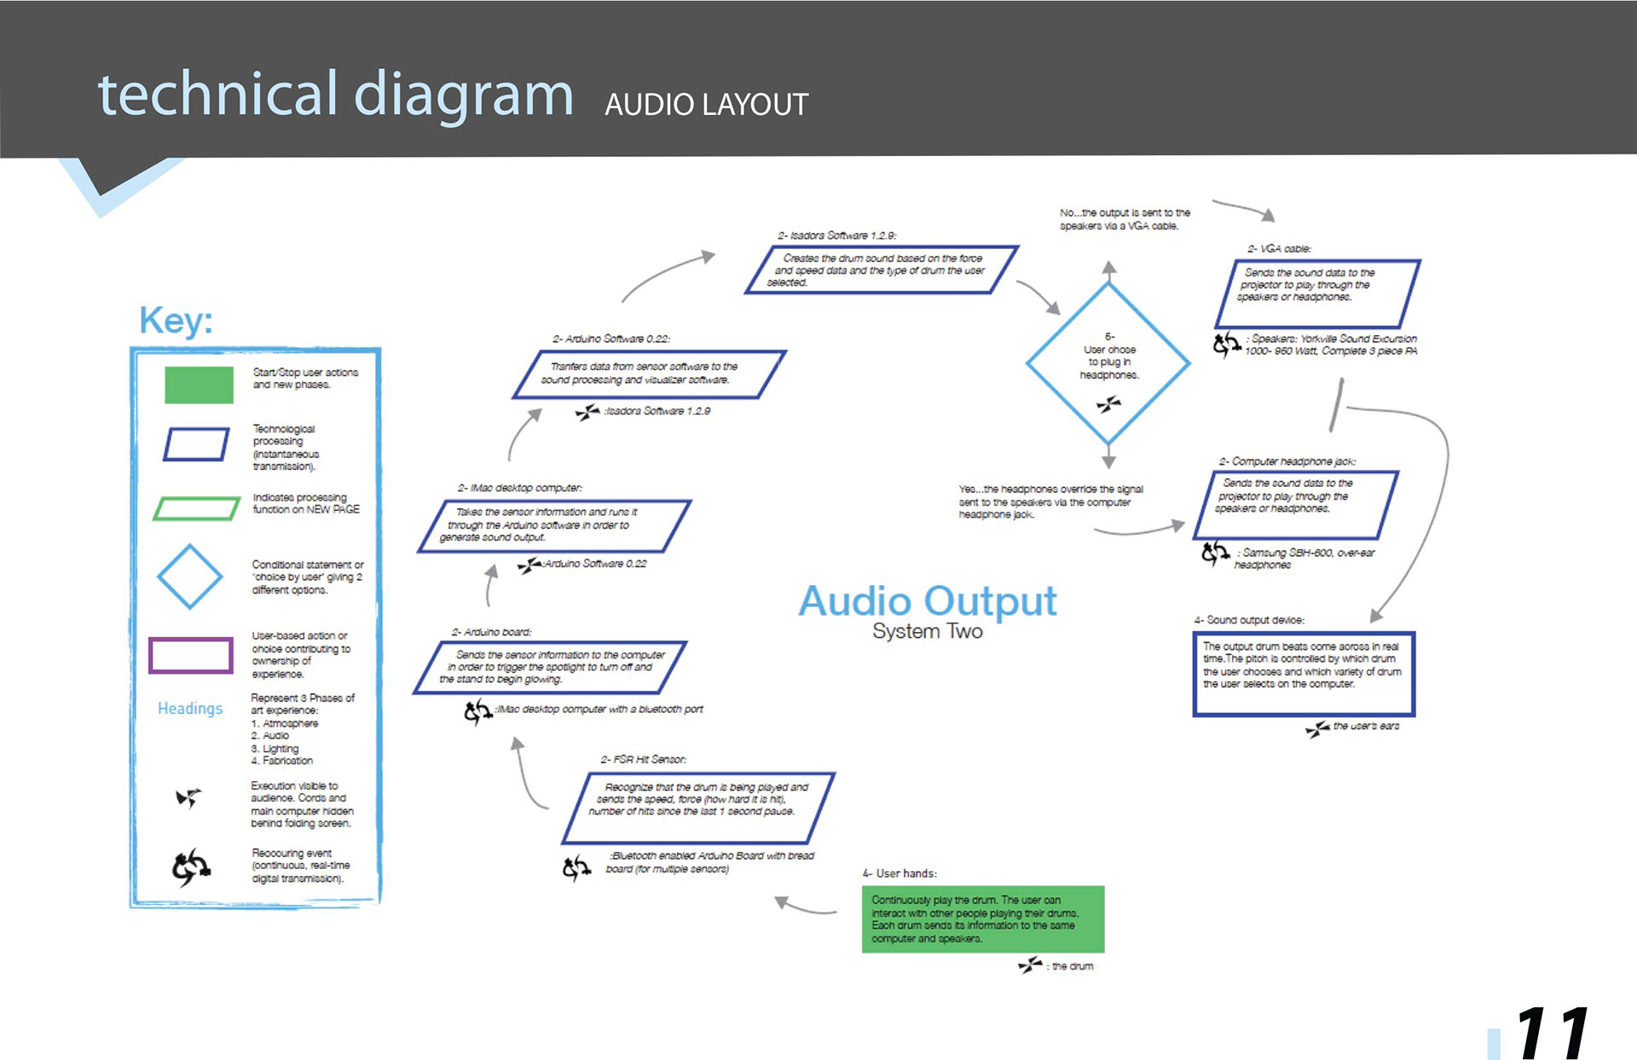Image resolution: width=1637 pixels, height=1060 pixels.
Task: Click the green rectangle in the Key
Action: [x=199, y=385]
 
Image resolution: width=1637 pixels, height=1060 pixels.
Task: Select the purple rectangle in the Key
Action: [x=191, y=655]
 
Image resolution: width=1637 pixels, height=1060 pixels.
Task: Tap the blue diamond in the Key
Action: [x=189, y=576]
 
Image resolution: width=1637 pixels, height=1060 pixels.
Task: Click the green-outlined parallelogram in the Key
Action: [x=197, y=508]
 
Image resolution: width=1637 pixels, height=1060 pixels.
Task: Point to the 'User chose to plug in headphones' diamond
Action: [x=1108, y=362]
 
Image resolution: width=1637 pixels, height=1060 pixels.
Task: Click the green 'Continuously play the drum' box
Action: [x=982, y=918]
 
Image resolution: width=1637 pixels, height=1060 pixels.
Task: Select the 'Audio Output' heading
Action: [x=927, y=601]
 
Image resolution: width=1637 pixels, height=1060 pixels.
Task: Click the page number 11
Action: [x=1553, y=1033]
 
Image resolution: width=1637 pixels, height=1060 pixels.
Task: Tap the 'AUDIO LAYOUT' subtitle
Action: [x=706, y=105]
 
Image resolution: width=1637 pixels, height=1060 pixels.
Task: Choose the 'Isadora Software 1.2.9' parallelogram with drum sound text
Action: [x=882, y=269]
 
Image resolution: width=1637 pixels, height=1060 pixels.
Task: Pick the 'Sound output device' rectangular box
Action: [x=1303, y=673]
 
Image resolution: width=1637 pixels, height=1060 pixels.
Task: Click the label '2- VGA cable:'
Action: [x=1279, y=249]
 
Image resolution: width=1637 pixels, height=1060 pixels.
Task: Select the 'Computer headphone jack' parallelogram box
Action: [x=1302, y=504]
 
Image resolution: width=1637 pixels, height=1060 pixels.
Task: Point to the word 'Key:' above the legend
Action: [x=176, y=321]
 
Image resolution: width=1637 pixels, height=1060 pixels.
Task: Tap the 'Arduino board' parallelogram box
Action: [x=550, y=667]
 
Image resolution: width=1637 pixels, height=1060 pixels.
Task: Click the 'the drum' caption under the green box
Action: [x=1072, y=966]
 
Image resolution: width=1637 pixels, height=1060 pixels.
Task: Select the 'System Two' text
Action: [x=927, y=631]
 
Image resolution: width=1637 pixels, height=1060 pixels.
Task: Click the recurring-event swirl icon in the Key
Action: [x=191, y=867]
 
